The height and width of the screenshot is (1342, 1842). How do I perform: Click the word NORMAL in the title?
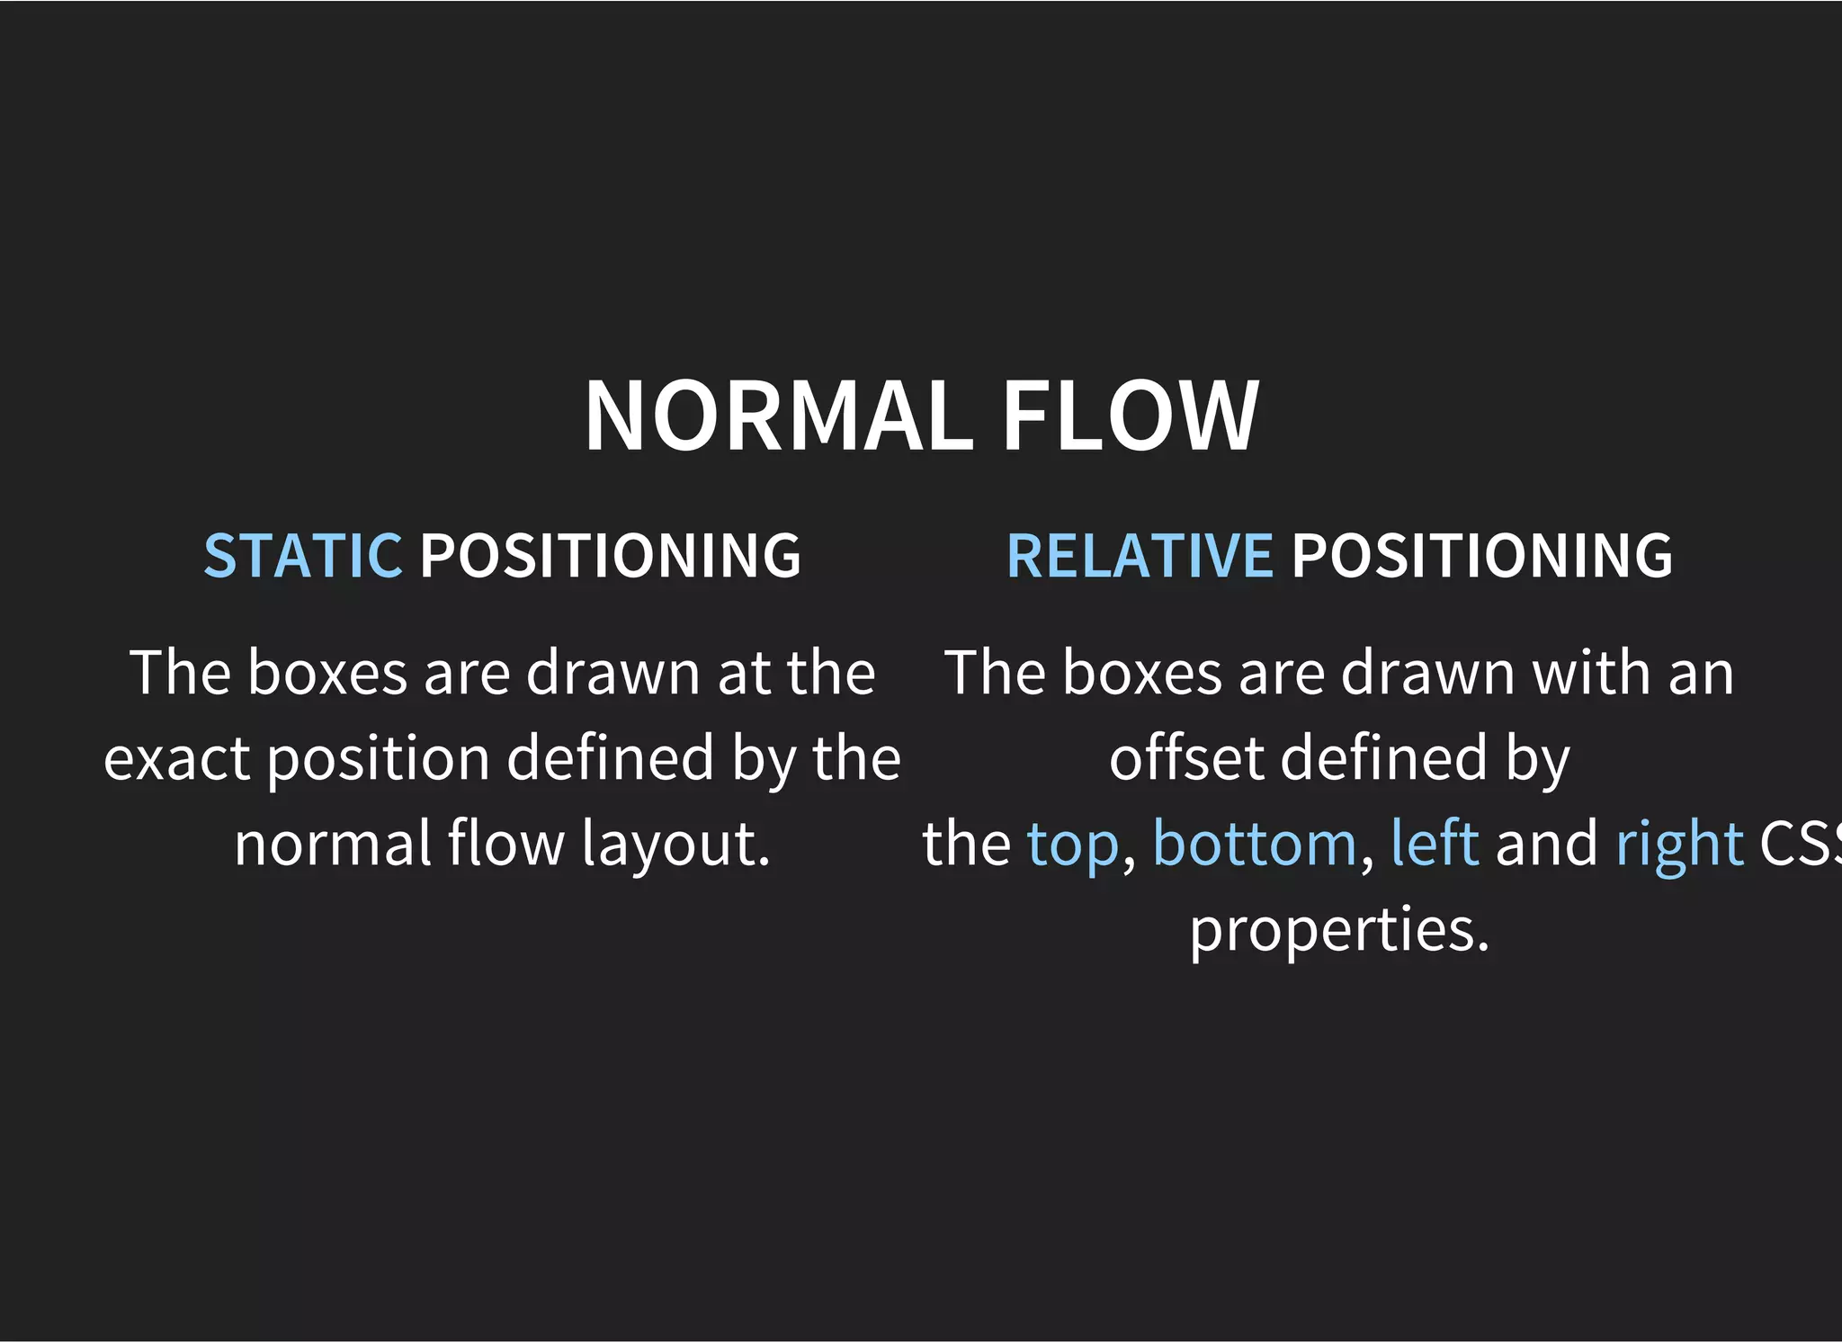[779, 416]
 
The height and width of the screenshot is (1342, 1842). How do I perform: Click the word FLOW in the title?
[1130, 416]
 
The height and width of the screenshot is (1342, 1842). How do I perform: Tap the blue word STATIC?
[302, 555]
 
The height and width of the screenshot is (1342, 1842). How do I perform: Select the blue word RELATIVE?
[1139, 555]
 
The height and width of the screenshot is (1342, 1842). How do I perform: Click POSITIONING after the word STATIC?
[610, 555]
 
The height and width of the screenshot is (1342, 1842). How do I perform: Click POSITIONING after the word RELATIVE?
[1482, 555]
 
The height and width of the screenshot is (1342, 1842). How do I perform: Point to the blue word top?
[1073, 845]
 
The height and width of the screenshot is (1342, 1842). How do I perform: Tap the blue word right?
[1679, 845]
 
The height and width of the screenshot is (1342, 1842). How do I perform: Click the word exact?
[176, 758]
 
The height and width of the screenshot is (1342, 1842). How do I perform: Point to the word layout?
[675, 845]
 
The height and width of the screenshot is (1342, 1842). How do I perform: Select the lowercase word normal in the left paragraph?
[333, 845]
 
